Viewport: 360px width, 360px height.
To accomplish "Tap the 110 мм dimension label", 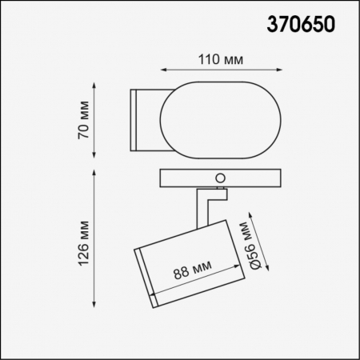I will (x=218, y=59).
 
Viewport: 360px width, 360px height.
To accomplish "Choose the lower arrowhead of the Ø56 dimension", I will (x=270, y=272).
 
